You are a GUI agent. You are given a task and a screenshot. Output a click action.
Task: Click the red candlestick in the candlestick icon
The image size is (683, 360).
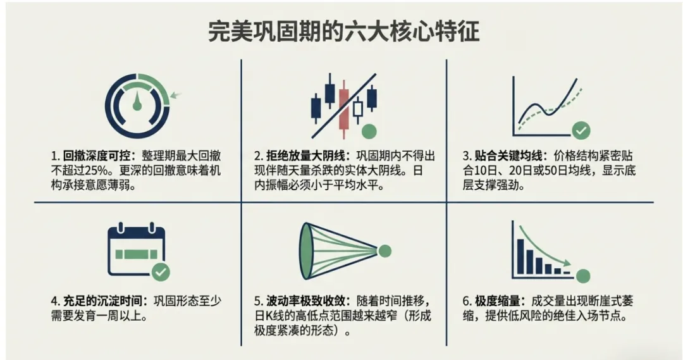click(x=343, y=111)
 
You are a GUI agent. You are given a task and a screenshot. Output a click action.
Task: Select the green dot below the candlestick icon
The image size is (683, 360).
click(x=369, y=131)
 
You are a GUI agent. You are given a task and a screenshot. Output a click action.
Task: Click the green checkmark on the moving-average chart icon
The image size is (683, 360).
click(x=581, y=131)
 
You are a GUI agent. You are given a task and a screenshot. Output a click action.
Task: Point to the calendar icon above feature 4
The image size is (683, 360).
click(x=136, y=251)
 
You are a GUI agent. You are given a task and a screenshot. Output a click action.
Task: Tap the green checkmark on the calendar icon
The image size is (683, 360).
click(x=161, y=272)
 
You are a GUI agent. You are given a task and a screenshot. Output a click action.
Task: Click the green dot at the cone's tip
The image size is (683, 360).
click(x=384, y=251)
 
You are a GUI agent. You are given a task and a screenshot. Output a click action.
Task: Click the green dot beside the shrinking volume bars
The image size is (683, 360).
click(x=583, y=276)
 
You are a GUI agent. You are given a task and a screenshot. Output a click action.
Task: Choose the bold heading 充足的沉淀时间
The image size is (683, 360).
click(x=102, y=300)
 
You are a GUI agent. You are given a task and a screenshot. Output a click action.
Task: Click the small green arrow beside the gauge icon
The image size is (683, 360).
click(x=176, y=96)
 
